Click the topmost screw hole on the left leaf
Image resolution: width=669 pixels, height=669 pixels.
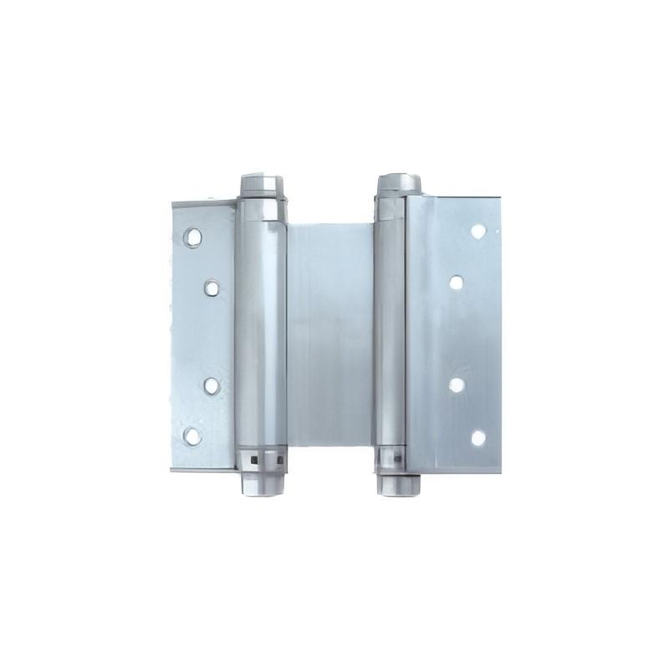pyautogui.click(x=193, y=237)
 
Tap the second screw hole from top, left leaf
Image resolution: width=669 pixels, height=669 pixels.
pyautogui.click(x=212, y=289)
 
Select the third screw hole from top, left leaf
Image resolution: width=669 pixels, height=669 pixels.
pyautogui.click(x=212, y=386)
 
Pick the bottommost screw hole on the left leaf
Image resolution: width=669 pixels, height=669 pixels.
pyautogui.click(x=193, y=436)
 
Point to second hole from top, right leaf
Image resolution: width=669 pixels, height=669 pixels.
pyautogui.click(x=457, y=283)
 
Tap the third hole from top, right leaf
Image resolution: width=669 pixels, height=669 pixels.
pyautogui.click(x=457, y=386)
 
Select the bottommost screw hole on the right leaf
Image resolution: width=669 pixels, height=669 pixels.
pyautogui.click(x=478, y=437)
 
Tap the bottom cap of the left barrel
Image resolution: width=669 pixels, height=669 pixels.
pyautogui.click(x=262, y=483)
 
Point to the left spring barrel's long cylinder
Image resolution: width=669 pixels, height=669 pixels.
pyautogui.click(x=263, y=334)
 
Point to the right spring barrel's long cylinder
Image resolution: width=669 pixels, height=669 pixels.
pyautogui.click(x=391, y=334)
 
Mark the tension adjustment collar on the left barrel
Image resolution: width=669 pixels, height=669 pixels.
pyautogui.click(x=263, y=458)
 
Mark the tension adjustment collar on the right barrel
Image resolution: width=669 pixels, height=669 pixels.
pyautogui.click(x=391, y=458)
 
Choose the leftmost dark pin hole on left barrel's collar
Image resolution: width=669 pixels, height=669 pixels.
pyautogui.click(x=250, y=457)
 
